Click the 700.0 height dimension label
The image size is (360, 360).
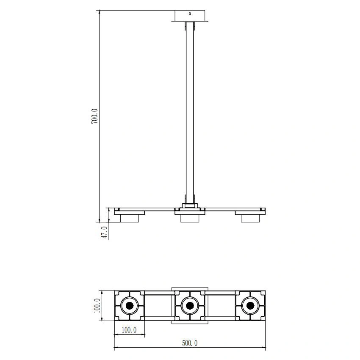point(94,116)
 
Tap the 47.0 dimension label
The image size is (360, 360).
point(105,233)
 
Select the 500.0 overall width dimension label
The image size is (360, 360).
point(190,343)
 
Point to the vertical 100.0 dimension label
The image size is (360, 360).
point(97,306)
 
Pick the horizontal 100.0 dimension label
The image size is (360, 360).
point(129,330)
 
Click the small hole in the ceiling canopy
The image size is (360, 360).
point(190,14)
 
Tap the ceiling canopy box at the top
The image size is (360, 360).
point(190,16)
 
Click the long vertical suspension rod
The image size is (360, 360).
point(190,113)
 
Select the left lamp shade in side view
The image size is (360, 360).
point(130,219)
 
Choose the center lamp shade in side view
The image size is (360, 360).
point(190,219)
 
